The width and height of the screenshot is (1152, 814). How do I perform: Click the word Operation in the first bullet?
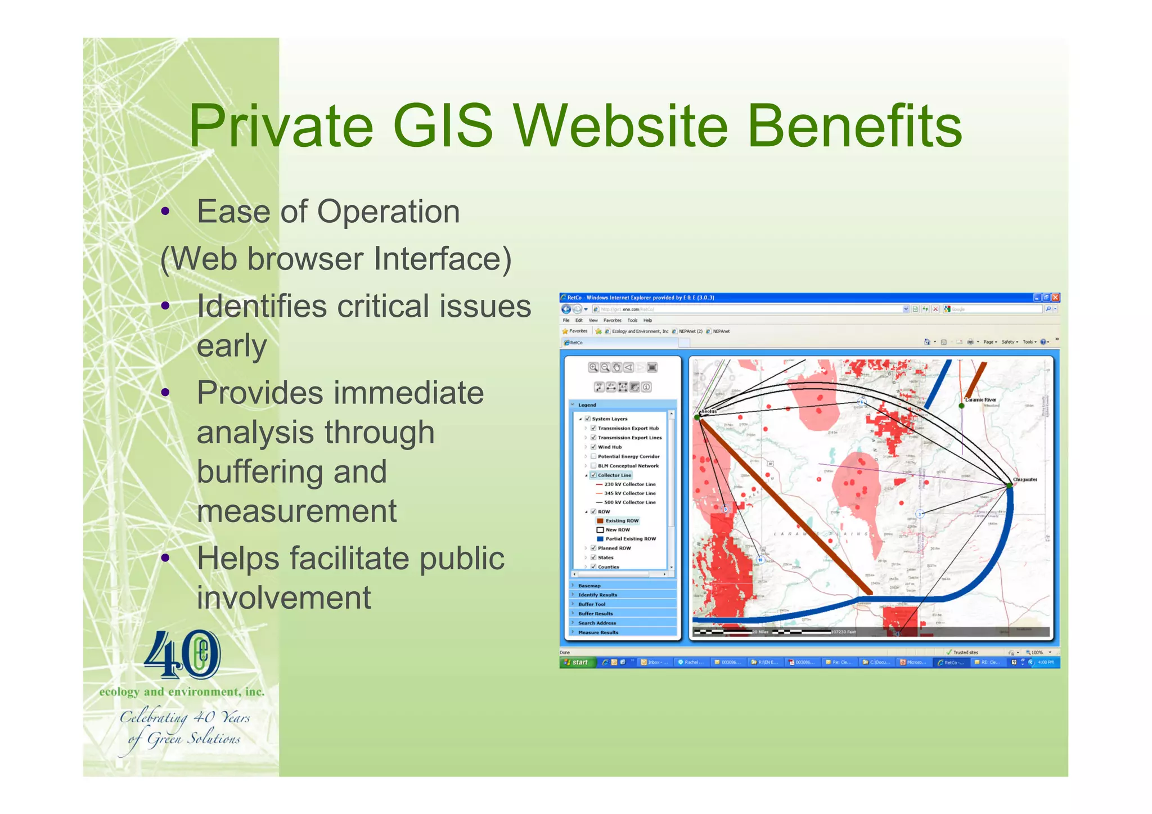pyautogui.click(x=388, y=212)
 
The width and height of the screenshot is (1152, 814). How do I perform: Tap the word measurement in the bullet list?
pyautogui.click(x=296, y=511)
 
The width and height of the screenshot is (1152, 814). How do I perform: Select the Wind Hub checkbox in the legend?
pyautogui.click(x=593, y=447)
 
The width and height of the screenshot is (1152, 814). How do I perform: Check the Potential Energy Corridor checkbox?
pyautogui.click(x=593, y=456)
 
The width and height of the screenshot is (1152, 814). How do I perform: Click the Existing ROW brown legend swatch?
pyautogui.click(x=600, y=521)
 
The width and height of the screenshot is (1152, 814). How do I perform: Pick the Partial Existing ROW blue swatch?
pyautogui.click(x=600, y=539)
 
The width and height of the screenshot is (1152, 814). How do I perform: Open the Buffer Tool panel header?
pyautogui.click(x=592, y=604)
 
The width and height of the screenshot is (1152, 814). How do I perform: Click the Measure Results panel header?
pyautogui.click(x=598, y=632)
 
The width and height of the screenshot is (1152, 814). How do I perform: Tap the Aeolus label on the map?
pyautogui.click(x=709, y=411)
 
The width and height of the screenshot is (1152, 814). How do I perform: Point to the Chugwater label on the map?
pyautogui.click(x=1025, y=480)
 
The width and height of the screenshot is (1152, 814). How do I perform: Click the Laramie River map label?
pyautogui.click(x=980, y=400)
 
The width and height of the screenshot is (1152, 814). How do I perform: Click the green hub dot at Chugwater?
pyautogui.click(x=1010, y=484)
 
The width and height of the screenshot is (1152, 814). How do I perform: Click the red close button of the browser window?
pyautogui.click(x=1055, y=298)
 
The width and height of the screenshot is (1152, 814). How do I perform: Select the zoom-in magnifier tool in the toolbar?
pyautogui.click(x=593, y=367)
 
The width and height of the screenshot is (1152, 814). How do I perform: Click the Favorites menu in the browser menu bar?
pyautogui.click(x=612, y=320)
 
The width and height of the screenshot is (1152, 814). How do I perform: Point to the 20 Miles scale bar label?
pyautogui.click(x=760, y=632)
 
